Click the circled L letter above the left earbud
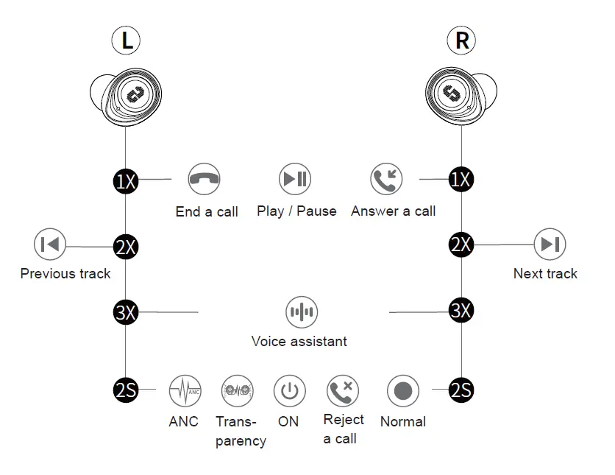click(x=127, y=41)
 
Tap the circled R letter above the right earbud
click(x=462, y=41)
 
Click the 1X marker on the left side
click(x=126, y=180)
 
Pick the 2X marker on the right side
click(x=461, y=244)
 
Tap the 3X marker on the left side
click(x=126, y=312)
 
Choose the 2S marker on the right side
click(x=461, y=390)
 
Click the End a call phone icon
click(x=204, y=179)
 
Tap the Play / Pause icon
click(x=295, y=179)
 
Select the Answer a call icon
click(x=386, y=179)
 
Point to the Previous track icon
click(x=50, y=244)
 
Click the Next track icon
click(x=550, y=244)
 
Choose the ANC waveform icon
click(x=185, y=390)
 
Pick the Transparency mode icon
click(x=237, y=390)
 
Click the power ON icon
click(x=289, y=390)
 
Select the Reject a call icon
click(x=342, y=390)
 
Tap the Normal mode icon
click(x=402, y=390)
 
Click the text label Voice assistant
click(x=299, y=341)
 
